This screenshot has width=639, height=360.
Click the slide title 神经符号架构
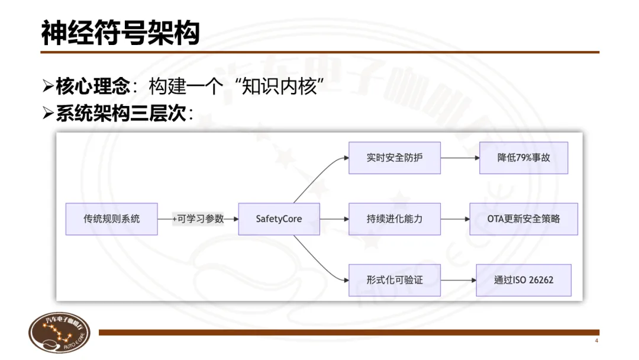coord(120,34)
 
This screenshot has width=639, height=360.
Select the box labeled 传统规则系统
coord(112,218)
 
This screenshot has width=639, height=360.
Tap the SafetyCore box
coord(279,218)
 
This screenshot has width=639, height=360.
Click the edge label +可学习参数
coord(198,218)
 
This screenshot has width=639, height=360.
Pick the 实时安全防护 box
coord(394,158)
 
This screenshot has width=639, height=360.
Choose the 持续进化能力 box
coord(394,218)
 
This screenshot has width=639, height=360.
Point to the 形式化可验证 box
coord(394,280)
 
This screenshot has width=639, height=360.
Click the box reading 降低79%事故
coord(524,158)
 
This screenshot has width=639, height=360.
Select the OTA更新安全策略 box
coord(524,218)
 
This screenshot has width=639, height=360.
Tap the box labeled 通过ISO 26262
coord(524,280)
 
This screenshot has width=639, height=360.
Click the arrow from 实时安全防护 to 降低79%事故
coord(460,158)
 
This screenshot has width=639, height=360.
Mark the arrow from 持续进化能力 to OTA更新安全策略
coord(455,218)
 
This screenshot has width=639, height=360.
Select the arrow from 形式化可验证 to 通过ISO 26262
coord(458,280)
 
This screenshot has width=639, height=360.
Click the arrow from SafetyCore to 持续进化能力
coord(334,218)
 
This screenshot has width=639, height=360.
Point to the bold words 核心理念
coord(92,87)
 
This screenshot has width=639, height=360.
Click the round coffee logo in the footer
coord(60,333)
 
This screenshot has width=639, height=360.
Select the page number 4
coord(596,342)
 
